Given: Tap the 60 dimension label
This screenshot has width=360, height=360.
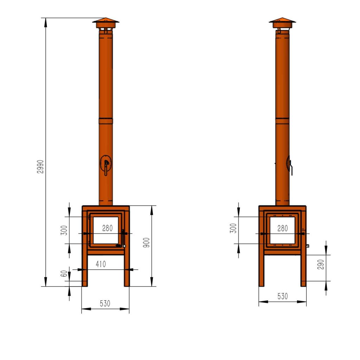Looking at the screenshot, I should (64, 274).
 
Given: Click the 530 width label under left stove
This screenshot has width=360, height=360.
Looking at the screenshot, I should (105, 303).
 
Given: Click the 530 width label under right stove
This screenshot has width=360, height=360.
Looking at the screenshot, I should (282, 296).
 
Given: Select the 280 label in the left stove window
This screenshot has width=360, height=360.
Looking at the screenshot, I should (108, 228).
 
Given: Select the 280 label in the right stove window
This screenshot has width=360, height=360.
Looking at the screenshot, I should (282, 228).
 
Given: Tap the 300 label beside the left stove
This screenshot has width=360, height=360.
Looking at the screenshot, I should (64, 230).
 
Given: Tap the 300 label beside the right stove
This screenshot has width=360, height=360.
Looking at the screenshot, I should (233, 228).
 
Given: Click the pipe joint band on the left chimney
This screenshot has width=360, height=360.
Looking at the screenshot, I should (106, 121).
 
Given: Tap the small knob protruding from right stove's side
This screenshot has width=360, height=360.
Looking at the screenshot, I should (308, 246).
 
